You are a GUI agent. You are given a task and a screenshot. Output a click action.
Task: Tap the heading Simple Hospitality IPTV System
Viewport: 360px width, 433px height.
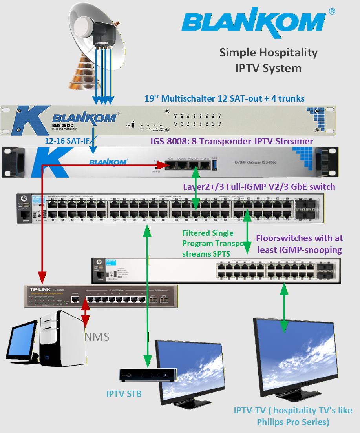(x=268, y=60)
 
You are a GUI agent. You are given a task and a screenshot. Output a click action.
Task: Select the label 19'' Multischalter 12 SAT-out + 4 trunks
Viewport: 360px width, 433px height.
(x=224, y=98)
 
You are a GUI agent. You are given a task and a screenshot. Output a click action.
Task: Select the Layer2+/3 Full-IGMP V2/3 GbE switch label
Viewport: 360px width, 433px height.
(x=259, y=186)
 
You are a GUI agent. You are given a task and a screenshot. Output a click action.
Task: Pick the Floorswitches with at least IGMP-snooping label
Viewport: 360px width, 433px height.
(x=299, y=243)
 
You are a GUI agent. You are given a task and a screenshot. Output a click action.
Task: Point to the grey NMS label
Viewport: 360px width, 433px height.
(x=97, y=337)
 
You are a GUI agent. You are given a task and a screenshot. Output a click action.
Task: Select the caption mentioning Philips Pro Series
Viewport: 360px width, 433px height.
(x=292, y=416)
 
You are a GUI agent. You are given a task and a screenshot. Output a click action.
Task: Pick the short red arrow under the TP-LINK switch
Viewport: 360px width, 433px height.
(x=85, y=314)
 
